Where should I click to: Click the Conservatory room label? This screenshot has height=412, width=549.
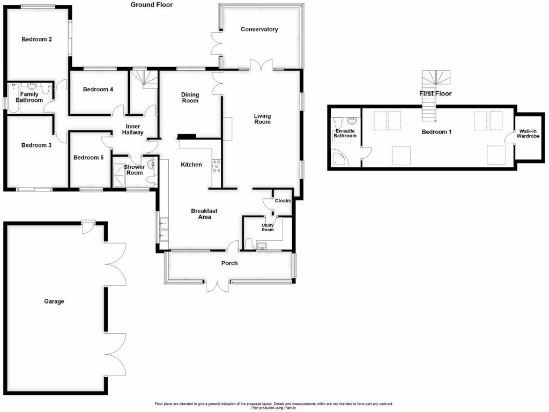pos(259,30)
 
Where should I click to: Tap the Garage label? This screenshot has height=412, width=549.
pos(54,301)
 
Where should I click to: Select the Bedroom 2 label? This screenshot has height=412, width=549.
pos(36,39)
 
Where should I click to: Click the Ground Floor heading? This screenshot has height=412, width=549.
pos(152,5)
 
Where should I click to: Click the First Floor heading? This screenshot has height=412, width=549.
pos(435,93)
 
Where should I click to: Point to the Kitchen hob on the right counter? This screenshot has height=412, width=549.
pos(217,164)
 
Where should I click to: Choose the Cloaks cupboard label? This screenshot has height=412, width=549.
pos(283,201)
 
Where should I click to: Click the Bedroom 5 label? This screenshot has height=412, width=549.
pos(88,158)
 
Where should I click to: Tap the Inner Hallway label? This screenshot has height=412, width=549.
pos(132,129)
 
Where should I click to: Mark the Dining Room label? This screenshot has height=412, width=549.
pos(190,98)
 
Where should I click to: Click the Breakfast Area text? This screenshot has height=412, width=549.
pos(201,214)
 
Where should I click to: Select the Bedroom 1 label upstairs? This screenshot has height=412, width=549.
pos(436,131)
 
